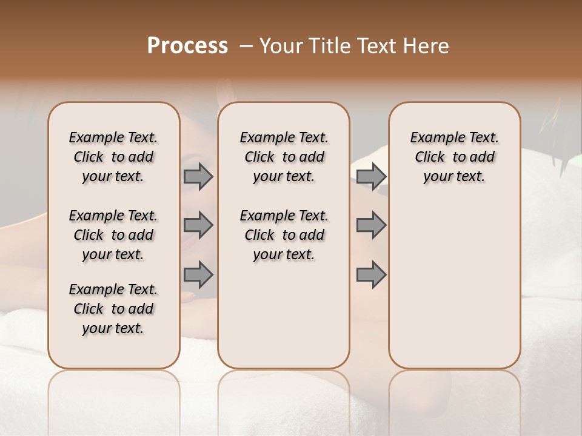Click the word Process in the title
pyautogui.click(x=187, y=46)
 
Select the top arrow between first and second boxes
pyautogui.click(x=198, y=176)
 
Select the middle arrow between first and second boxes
pyautogui.click(x=198, y=225)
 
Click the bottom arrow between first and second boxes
pyautogui.click(x=198, y=274)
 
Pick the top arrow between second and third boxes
pyautogui.click(x=371, y=176)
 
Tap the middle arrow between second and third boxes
pyautogui.click(x=371, y=225)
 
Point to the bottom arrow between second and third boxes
pyautogui.click(x=371, y=274)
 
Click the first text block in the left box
pyautogui.click(x=113, y=157)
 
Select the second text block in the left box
pyautogui.click(x=113, y=235)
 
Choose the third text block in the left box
pyautogui.click(x=113, y=309)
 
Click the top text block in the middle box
pyautogui.click(x=284, y=157)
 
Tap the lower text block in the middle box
pyautogui.click(x=284, y=235)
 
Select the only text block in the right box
pyautogui.click(x=454, y=157)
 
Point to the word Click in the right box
pyautogui.click(x=430, y=157)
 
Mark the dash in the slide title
pyautogui.click(x=246, y=46)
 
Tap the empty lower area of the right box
pyautogui.click(x=454, y=285)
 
